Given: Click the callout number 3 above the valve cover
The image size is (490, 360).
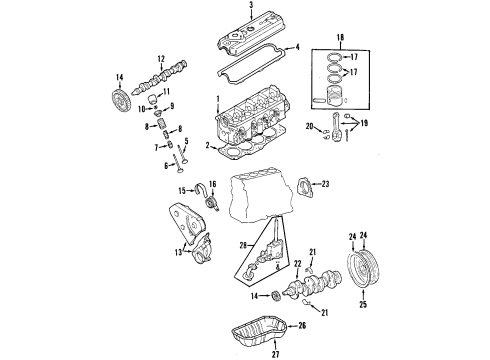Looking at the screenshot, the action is point(251,4).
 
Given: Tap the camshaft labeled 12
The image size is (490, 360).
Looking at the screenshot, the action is point(160,77).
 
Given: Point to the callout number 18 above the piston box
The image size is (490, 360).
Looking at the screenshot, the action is point(340,37).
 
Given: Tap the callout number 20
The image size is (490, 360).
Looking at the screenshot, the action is point(310,126).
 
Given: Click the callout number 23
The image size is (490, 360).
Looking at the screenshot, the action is point(325,184).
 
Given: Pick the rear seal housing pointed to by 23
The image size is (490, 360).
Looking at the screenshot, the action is point(304,188).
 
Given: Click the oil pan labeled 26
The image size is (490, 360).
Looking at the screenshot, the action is point(259,330).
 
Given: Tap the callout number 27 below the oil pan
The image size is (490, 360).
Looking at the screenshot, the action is point(275,354).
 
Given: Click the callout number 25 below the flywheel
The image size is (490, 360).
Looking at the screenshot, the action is point(363,304).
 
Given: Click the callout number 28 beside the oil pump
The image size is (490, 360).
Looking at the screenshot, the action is point(243,246).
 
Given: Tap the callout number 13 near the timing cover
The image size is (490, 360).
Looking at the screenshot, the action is point(179,252).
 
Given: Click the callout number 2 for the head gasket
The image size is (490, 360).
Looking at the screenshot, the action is point(207,146).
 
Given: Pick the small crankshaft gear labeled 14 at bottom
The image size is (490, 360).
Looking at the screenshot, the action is point(276,296).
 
